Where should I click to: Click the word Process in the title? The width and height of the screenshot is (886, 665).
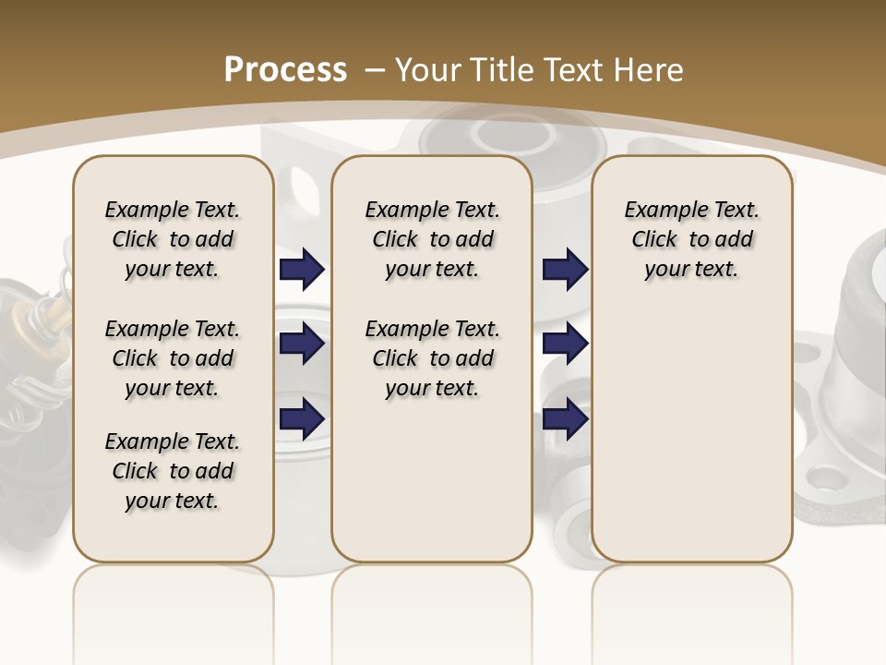[x=285, y=69]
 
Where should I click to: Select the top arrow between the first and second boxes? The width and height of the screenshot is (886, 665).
[x=302, y=269]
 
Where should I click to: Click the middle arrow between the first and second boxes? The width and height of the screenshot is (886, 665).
[x=302, y=344]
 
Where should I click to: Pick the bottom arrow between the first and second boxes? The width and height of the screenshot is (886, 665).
[x=302, y=418]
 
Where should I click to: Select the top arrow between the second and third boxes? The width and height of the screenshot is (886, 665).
[x=565, y=269]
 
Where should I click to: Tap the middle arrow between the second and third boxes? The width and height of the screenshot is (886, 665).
[x=565, y=344]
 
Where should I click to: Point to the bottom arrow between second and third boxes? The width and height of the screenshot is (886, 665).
[x=565, y=418]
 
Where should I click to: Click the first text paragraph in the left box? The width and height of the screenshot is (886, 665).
[x=173, y=239]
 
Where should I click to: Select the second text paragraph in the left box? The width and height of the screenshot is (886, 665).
[x=173, y=358]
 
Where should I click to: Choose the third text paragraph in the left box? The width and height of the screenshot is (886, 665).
[x=173, y=471]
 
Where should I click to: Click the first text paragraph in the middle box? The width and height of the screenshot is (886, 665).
[x=432, y=239]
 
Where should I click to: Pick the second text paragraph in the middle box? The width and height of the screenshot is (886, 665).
[x=432, y=358]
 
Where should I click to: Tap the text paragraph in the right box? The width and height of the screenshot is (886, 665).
[x=691, y=239]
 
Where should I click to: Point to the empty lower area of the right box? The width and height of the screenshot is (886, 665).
[x=691, y=434]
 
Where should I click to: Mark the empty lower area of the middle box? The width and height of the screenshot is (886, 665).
[x=432, y=480]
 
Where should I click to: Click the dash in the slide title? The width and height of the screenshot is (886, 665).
[x=375, y=69]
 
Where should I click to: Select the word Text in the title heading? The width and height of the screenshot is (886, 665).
[x=567, y=69]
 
